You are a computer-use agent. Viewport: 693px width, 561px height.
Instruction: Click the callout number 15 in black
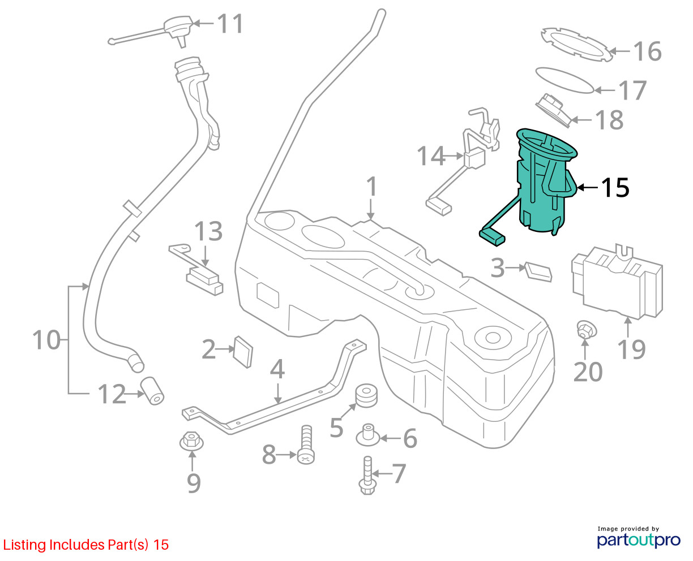[x=615, y=188]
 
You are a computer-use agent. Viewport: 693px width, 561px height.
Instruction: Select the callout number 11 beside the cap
[x=230, y=24]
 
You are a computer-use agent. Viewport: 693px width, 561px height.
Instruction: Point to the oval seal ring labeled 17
[x=564, y=79]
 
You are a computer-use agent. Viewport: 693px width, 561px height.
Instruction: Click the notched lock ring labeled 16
[x=574, y=44]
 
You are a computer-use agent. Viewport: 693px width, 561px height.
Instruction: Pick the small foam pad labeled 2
[x=244, y=351]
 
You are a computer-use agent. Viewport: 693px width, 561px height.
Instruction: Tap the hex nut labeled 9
[x=191, y=440]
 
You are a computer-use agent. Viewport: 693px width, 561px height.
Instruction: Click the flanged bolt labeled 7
[x=367, y=475]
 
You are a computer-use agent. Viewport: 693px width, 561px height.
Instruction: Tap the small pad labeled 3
[x=538, y=271]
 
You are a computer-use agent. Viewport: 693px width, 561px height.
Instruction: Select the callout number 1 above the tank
[x=371, y=187]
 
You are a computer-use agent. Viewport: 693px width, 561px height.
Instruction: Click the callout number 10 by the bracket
[x=46, y=340]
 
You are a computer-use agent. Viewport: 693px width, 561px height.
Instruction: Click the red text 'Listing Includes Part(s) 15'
[x=86, y=545]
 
